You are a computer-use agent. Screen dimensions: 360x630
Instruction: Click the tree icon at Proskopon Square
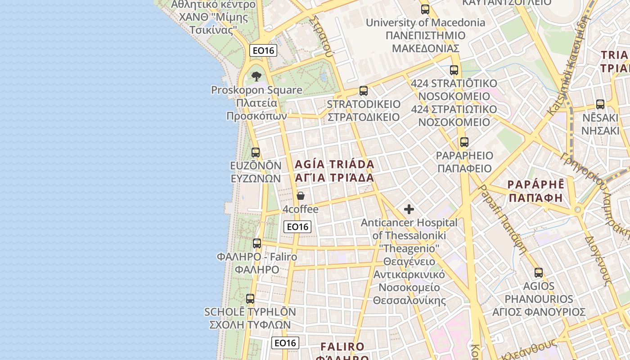pos(256,76)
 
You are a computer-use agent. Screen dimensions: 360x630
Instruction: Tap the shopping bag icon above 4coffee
pos(301,196)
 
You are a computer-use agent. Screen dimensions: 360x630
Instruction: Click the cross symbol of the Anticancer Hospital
pos(409,209)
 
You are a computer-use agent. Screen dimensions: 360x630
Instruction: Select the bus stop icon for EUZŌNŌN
pos(256,153)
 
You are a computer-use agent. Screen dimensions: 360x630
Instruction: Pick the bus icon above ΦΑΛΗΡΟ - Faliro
pos(257,243)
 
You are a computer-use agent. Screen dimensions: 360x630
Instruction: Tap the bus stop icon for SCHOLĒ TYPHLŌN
pos(250,298)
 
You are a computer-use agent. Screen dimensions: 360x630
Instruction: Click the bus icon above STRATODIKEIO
pos(364,91)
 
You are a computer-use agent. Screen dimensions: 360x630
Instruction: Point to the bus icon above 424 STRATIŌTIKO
pos(454,70)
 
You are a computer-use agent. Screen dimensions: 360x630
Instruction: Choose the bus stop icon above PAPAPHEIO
pos(464,142)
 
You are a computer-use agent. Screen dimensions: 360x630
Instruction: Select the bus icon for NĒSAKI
pos(600,104)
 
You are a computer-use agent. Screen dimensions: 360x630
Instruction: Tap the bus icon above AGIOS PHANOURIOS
pos(539,272)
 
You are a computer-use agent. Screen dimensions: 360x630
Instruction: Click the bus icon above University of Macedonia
pos(425,9)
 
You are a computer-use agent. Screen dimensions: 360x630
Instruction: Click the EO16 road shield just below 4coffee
pos(297,227)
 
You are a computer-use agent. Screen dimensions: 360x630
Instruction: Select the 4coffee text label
pos(301,209)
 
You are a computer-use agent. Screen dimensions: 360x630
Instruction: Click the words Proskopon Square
pos(257,90)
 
